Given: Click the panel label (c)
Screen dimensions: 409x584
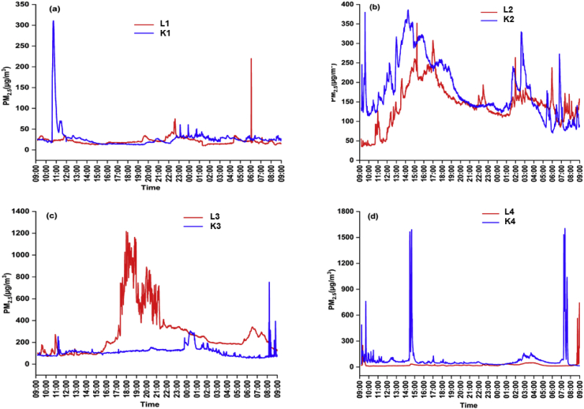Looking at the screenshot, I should (x=54, y=216).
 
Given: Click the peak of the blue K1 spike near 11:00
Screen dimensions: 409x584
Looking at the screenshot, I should (x=53, y=21).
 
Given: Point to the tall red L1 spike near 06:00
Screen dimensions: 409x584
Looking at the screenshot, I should (x=251, y=58).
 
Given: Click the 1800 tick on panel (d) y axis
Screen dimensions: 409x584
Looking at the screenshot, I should (x=343, y=212).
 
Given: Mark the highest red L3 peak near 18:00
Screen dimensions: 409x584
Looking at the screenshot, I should (x=125, y=232).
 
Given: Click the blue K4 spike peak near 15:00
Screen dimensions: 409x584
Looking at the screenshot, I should (x=411, y=230).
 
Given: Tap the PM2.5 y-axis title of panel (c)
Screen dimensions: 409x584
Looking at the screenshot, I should (x=8, y=301).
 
